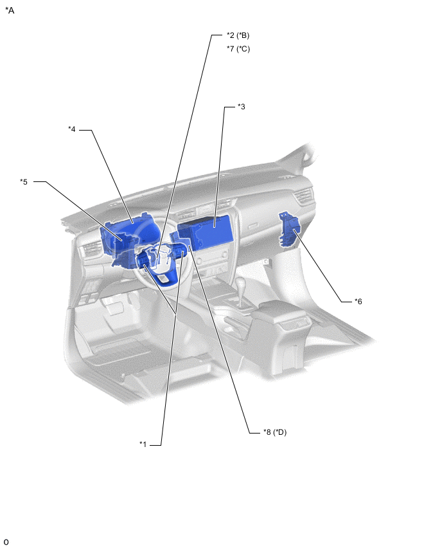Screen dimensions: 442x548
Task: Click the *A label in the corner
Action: coord(10,10)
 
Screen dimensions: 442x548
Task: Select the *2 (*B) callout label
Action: coord(238,35)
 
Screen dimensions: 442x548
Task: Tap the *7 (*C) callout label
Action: coord(238,49)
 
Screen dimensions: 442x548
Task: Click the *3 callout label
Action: coord(242,107)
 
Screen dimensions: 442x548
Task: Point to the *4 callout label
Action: coord(71,129)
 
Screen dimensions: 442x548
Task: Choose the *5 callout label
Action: coord(24,182)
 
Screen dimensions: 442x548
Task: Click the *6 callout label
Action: coord(358,301)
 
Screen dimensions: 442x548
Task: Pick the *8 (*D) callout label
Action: coord(275,432)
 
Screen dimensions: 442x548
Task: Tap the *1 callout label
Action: coord(143,444)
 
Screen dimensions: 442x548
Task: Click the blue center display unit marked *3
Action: coord(206,231)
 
